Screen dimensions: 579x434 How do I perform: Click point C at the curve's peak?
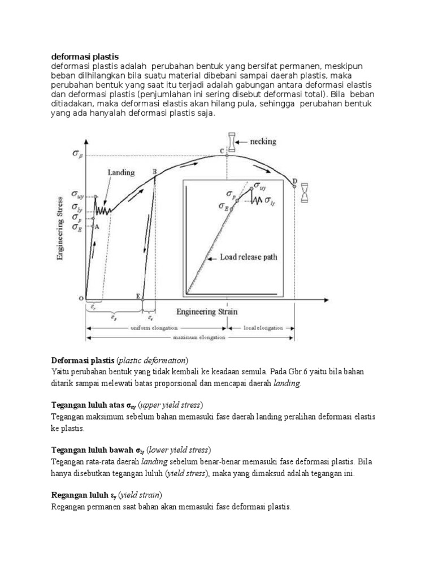tap(222, 150)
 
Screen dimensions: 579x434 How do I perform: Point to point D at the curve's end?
tap(294, 182)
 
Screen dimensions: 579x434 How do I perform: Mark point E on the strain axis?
tap(138, 296)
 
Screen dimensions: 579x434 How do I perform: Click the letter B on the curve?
tap(154, 172)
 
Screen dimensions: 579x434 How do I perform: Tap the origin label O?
tap(81, 298)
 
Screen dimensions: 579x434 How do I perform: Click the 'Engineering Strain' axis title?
tap(207, 312)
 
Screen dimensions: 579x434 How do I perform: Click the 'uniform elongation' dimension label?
tap(154, 327)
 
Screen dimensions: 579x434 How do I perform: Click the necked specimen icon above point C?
tap(231, 142)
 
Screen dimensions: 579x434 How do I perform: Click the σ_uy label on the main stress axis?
tap(78, 194)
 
